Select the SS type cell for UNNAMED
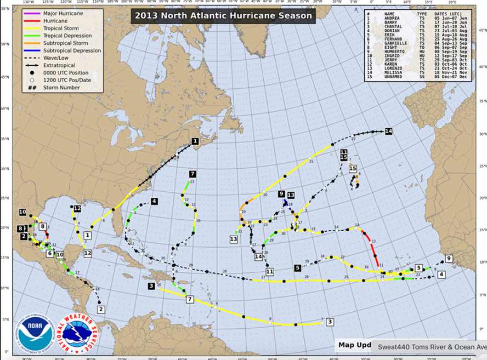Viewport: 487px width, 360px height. tap(422, 77)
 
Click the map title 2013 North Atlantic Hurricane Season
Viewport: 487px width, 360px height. tap(223, 15)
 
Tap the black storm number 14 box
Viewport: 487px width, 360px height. tap(388, 131)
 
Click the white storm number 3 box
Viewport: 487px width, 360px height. tap(330, 322)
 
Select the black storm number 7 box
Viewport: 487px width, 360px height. tap(192, 174)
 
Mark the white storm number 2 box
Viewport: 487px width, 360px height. tap(101, 310)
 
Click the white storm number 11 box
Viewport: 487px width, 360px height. tap(269, 271)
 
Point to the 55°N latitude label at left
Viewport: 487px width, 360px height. tap(4, 9)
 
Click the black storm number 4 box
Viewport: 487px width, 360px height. tap(155, 201)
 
